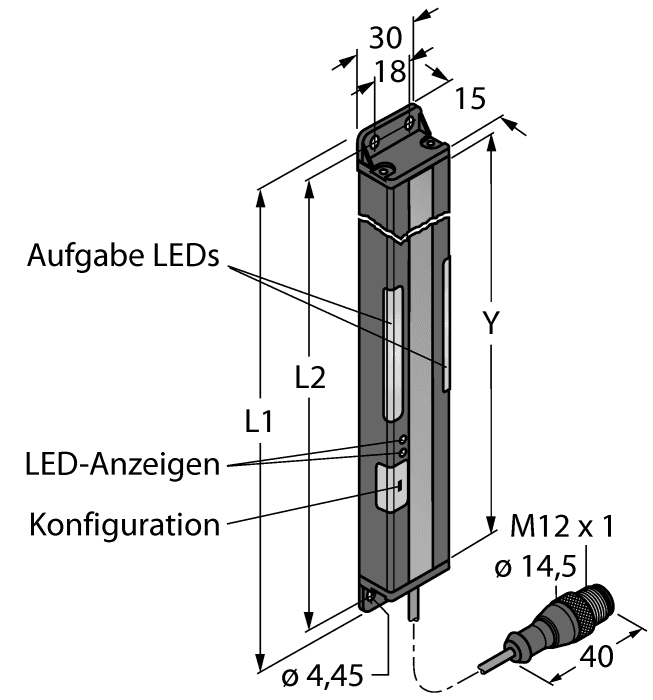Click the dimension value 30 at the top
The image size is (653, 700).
tap(385, 37)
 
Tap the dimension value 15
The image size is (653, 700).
tap(469, 98)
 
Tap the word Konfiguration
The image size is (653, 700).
tap(124, 524)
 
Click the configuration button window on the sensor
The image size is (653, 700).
tap(389, 488)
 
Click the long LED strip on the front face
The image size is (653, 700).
tap(391, 351)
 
